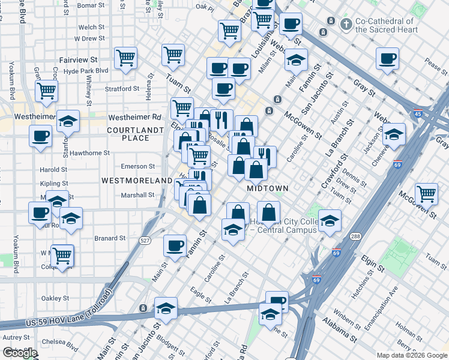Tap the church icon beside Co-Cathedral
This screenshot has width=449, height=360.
pos(346,25)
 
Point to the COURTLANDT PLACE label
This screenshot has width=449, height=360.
pos(128,134)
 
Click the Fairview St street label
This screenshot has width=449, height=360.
pos(78,60)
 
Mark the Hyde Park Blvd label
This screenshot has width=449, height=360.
pos(85,70)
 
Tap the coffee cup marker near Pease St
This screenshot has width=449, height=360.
pos(388,58)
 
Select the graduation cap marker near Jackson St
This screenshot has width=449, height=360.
pos(394,133)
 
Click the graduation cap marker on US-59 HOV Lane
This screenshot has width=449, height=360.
pos(166,308)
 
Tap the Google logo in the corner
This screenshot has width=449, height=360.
pos(20,353)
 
